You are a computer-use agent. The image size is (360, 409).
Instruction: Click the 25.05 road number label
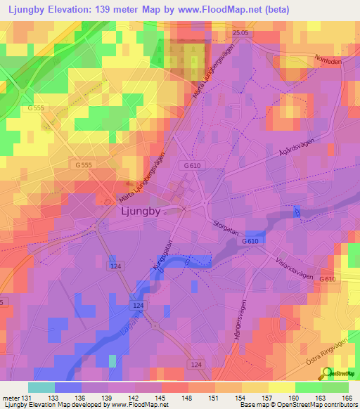pyautogui.click(x=241, y=32)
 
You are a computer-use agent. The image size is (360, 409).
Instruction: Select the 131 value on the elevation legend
pyautogui.click(x=27, y=398)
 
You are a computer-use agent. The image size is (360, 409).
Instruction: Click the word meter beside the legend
pyautogui.click(x=10, y=398)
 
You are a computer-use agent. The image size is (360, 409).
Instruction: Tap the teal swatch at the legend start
pyautogui.click(x=41, y=387)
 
